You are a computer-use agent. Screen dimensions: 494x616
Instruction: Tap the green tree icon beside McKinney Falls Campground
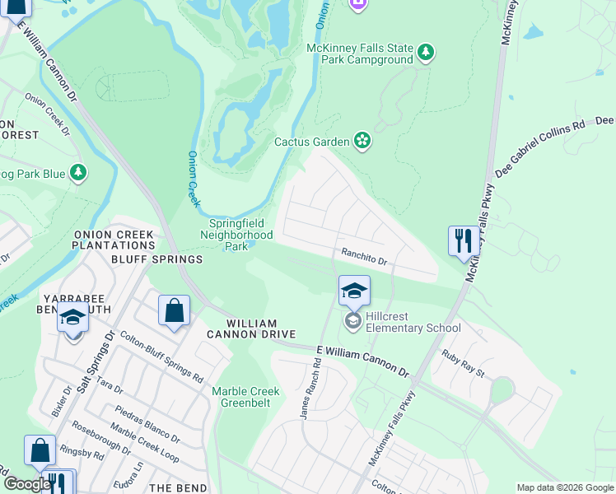click(x=426, y=53)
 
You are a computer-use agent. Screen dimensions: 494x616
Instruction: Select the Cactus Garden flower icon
click(x=362, y=142)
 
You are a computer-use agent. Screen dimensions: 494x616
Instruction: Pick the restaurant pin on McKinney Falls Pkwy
click(x=464, y=241)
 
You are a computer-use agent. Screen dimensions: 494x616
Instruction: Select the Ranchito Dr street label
click(x=365, y=258)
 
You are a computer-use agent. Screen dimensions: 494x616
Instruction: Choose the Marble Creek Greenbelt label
click(x=245, y=398)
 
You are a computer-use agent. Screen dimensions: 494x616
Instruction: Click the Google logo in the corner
click(x=26, y=484)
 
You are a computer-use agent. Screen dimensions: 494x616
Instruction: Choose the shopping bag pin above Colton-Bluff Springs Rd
click(x=175, y=311)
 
